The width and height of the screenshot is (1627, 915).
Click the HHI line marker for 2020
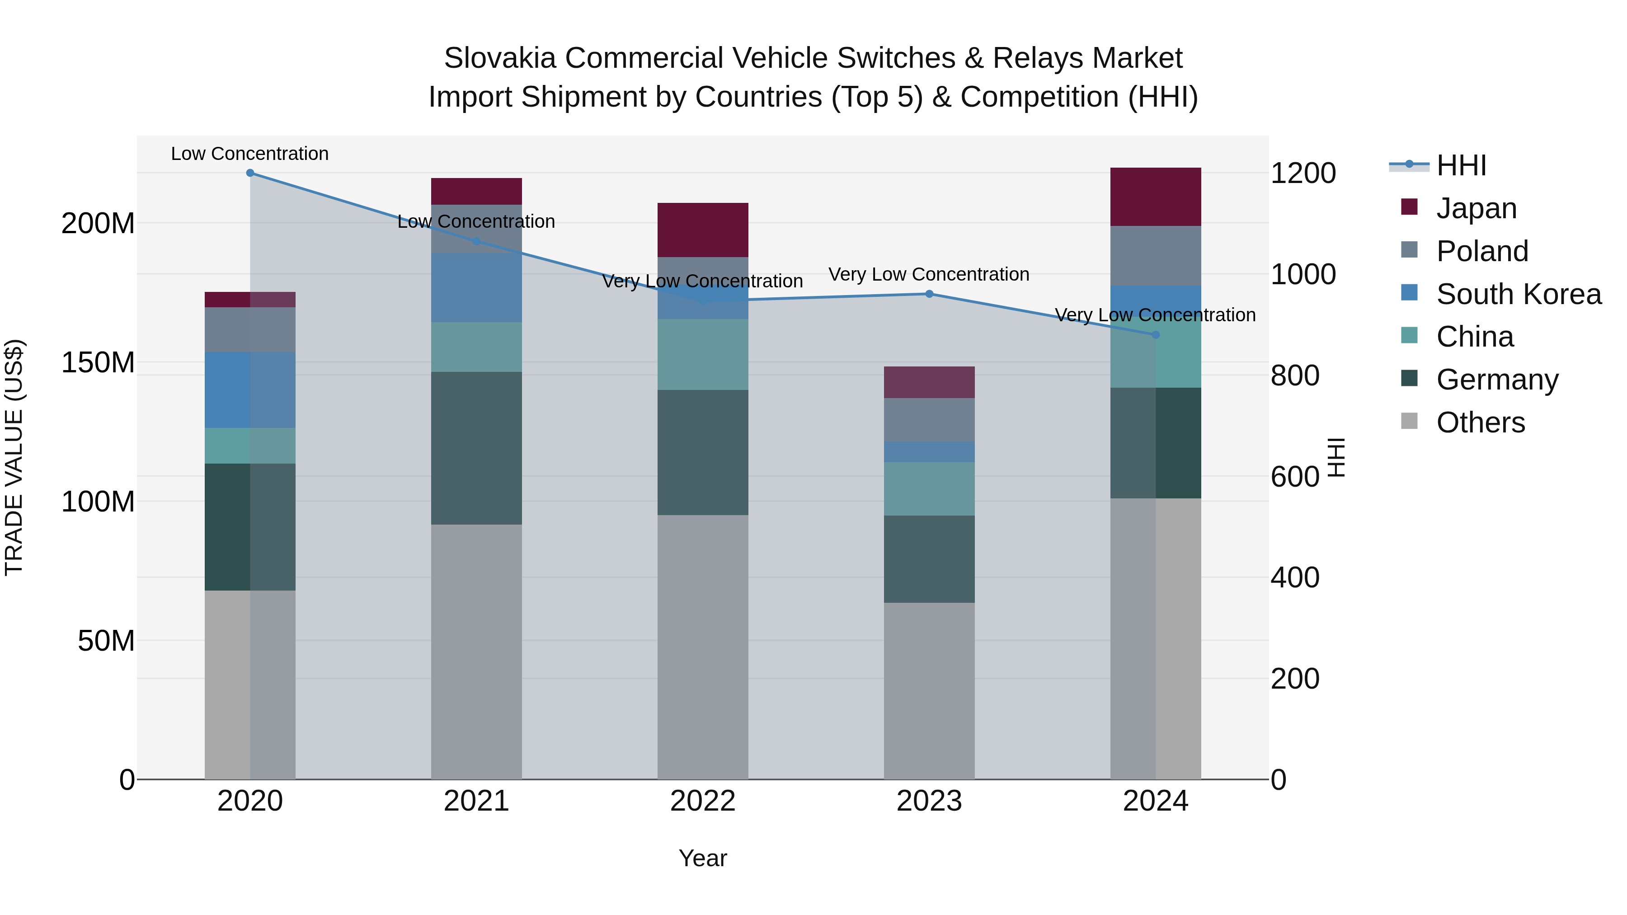[250, 173]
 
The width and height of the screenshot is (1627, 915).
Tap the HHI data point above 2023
[929, 294]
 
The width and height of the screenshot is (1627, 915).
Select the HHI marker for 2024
[1156, 335]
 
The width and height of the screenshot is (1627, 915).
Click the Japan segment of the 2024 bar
[1156, 197]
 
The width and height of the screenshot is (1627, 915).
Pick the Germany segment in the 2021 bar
[476, 448]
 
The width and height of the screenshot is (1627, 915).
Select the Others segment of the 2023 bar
[929, 691]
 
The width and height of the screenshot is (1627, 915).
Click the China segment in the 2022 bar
[703, 354]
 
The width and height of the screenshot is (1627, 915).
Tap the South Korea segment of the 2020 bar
[250, 389]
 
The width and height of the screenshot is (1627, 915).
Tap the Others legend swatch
[1409, 421]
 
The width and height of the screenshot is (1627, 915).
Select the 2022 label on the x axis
[703, 801]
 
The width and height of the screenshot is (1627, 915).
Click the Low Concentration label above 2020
[250, 154]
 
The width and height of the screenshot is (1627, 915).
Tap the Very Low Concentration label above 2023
[929, 275]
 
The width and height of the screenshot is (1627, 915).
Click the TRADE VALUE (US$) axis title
[14, 457]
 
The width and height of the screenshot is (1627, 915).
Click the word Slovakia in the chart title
[499, 58]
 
